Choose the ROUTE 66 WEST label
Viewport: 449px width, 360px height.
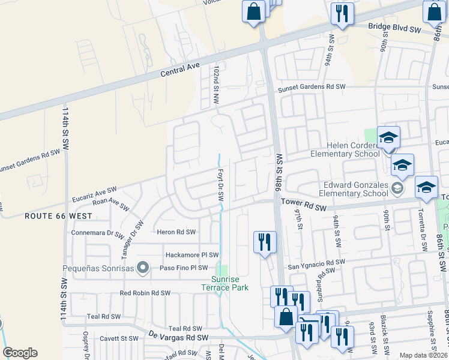tap(58, 216)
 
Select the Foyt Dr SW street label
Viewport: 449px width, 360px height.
tap(220, 185)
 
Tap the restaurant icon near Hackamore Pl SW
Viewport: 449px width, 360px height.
tap(265, 242)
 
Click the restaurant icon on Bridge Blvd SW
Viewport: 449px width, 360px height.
tap(342, 14)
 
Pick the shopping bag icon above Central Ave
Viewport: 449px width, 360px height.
tap(254, 11)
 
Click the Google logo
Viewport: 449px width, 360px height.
tap(20, 353)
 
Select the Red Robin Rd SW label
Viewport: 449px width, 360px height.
tap(145, 293)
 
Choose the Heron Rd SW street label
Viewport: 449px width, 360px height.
tap(176, 232)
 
